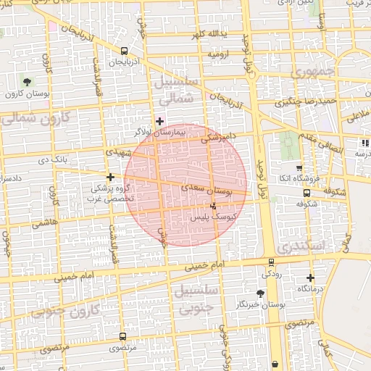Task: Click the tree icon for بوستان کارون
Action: point(27,82)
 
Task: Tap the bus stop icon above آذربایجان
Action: point(125,51)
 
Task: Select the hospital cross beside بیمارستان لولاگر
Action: point(159,121)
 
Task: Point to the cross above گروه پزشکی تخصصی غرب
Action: point(110,177)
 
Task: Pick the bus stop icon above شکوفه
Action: point(307,193)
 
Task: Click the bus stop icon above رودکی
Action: point(270,262)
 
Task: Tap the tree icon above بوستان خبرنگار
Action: point(260,293)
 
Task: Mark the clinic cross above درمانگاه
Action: point(311,278)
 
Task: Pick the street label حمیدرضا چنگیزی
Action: point(301,101)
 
